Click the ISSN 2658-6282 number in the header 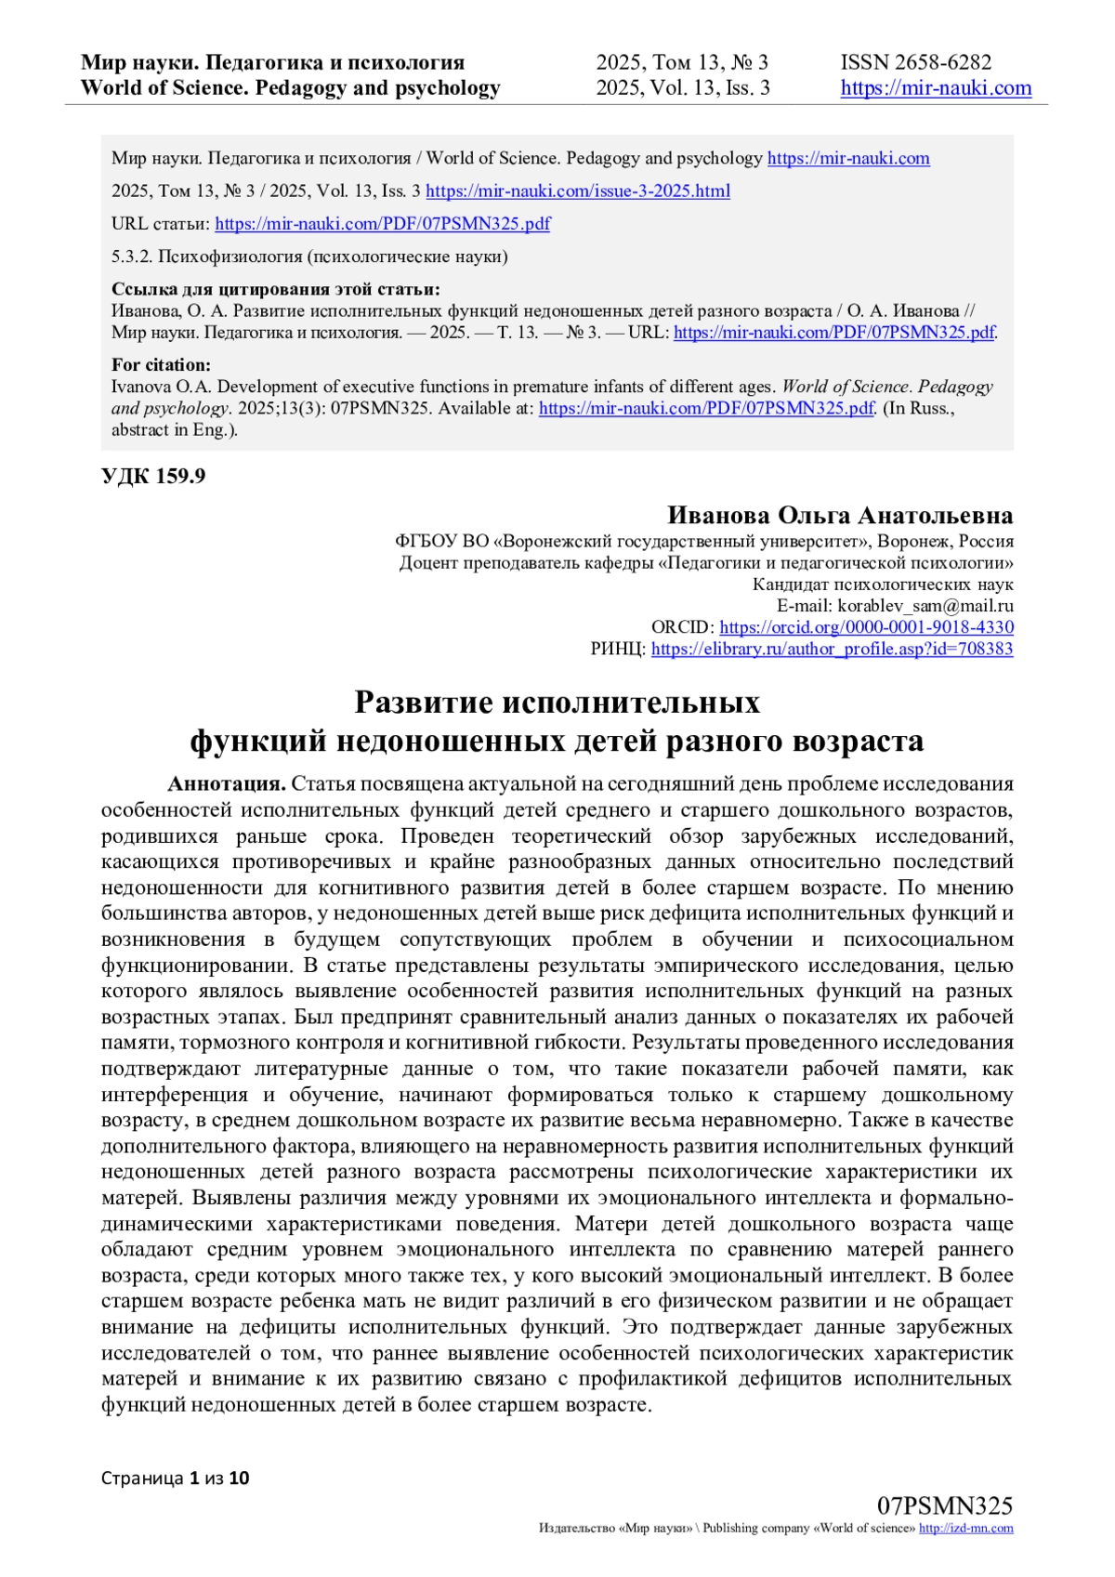click(915, 62)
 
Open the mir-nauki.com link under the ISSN click(936, 88)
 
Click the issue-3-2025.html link click(577, 191)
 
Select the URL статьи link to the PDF click(382, 224)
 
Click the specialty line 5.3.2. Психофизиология click(309, 256)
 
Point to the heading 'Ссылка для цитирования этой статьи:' click(275, 289)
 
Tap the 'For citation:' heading click(161, 365)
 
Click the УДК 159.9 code click(153, 477)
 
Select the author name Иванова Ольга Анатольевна click(839, 516)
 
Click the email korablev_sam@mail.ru click(925, 606)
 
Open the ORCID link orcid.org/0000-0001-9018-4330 click(866, 627)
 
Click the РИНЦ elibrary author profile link click(832, 650)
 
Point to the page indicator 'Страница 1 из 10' click(176, 1478)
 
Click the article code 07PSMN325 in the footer click(944, 1506)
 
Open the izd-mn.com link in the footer click(965, 1529)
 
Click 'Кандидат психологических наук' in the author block click(882, 585)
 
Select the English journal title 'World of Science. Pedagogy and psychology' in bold click(290, 88)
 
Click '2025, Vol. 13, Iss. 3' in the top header click(683, 88)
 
